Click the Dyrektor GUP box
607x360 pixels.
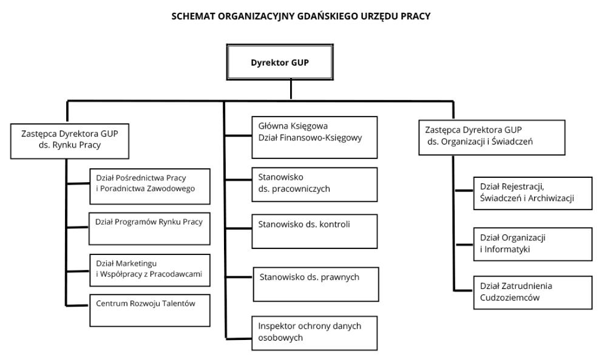pos(280,63)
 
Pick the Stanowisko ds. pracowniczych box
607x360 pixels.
pos(314,183)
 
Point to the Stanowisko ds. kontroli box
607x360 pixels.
pos(314,230)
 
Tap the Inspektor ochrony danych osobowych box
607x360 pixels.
pos(314,332)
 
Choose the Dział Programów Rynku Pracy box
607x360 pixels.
pos(149,227)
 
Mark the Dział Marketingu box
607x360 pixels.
pos(150,270)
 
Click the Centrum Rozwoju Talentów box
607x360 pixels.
pos(150,310)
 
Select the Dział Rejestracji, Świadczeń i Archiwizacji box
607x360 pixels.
pos(532,193)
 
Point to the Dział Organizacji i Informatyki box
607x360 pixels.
pos(532,243)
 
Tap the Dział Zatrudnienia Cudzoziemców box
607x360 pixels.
pos(532,292)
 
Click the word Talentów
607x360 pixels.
pos(177,304)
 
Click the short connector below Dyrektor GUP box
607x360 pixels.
pos(291,89)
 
